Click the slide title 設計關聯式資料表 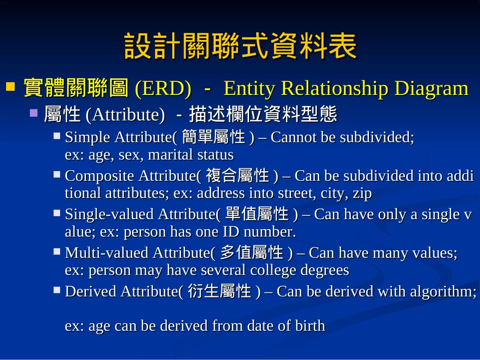coord(240,46)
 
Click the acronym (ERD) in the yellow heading coord(163,89)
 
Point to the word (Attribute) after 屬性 coord(125,115)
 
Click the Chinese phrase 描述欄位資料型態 coord(263,115)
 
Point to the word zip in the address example coord(362,193)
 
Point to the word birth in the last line coord(310,326)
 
